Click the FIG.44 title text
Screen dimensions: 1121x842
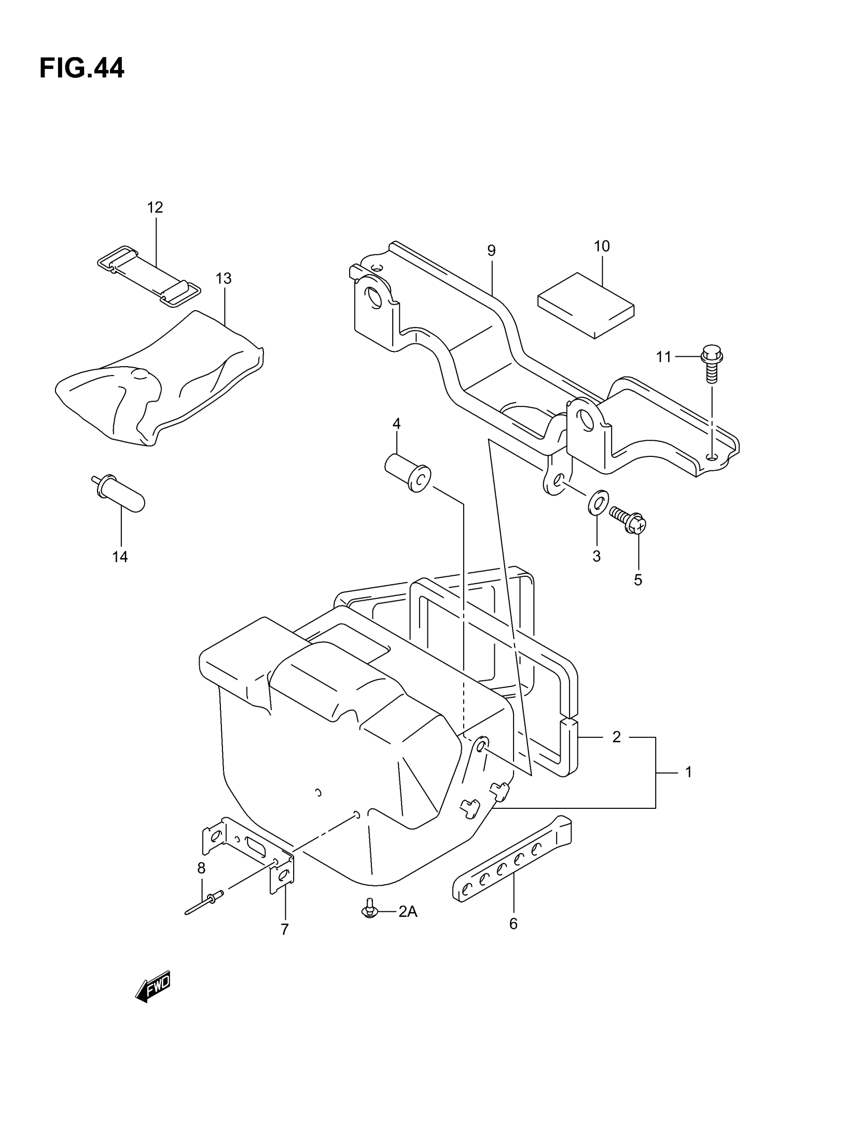coord(82,68)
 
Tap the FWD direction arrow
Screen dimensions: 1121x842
coord(153,986)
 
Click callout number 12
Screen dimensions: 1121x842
coord(155,207)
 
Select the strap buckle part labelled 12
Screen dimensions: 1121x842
coord(149,276)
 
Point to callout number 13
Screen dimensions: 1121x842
coord(223,278)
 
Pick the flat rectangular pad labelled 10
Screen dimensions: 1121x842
coord(585,305)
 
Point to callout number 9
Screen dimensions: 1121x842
coord(491,250)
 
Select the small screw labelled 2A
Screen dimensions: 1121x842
coord(370,909)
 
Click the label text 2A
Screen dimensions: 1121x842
coord(407,912)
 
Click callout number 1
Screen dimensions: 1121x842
coord(688,772)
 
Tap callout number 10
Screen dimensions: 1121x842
coord(601,246)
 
